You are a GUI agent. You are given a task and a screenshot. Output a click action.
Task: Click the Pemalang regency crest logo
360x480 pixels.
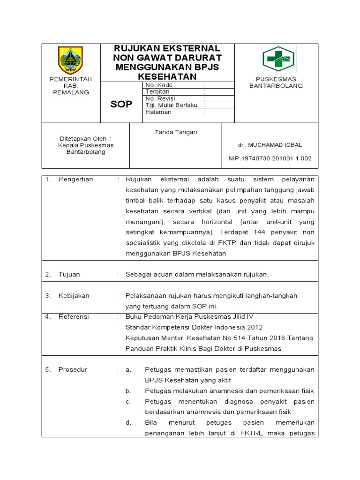click(70, 60)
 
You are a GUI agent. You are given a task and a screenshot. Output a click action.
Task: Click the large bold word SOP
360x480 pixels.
click(121, 104)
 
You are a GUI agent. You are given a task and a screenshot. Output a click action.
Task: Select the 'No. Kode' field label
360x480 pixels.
click(159, 85)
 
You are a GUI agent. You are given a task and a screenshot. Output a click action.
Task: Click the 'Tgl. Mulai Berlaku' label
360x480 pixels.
click(172, 105)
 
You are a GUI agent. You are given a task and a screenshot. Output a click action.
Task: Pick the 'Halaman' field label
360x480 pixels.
click(158, 112)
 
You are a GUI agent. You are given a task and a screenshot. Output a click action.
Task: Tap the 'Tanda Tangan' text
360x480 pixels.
click(176, 132)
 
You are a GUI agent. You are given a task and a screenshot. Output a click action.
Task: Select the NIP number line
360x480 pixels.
click(270, 158)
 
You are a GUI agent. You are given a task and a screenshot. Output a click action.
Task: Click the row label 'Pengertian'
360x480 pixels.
click(76, 179)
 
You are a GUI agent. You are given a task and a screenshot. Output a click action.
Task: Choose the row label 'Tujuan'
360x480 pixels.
click(69, 274)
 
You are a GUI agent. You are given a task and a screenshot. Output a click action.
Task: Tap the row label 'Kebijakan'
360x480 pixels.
click(74, 296)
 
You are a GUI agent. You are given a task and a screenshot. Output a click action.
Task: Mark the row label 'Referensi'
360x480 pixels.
click(74, 316)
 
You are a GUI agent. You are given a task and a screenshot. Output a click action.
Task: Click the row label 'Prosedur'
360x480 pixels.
click(73, 369)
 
